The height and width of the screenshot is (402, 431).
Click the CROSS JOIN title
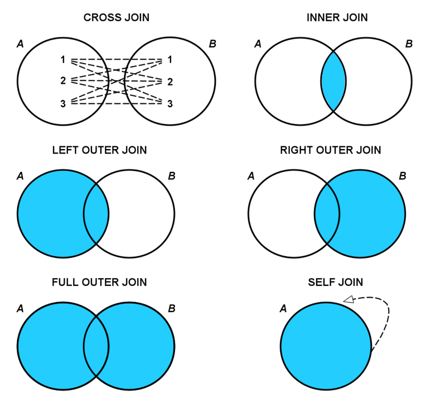(116, 18)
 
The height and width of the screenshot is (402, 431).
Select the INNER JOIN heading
(337, 18)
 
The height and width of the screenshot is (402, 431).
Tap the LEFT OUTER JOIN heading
(99, 151)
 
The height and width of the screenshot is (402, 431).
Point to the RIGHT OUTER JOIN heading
(330, 151)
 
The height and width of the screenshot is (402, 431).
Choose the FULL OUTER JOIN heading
(99, 283)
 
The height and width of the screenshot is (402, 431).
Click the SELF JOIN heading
(335, 283)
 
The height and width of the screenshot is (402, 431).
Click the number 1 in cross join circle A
(63, 59)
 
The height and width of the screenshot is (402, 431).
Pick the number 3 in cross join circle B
(170, 104)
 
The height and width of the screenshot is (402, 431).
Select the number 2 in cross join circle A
(63, 81)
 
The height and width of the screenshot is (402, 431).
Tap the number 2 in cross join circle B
(170, 82)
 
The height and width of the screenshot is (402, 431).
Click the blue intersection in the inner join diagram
(333, 81)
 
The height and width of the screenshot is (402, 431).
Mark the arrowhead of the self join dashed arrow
(349, 300)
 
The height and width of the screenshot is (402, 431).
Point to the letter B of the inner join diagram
(409, 44)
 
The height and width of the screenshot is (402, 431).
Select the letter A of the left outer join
(21, 176)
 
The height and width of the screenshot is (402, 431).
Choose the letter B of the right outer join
(403, 176)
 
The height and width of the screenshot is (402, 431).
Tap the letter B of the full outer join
(171, 308)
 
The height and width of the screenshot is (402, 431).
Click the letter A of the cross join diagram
(21, 44)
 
